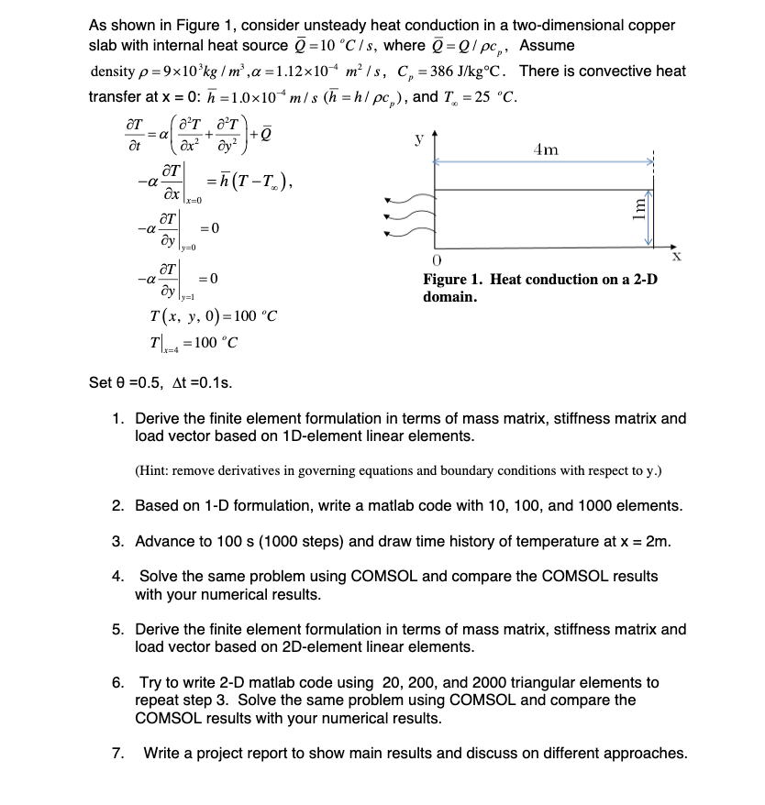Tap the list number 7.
pyautogui.click(x=117, y=754)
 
